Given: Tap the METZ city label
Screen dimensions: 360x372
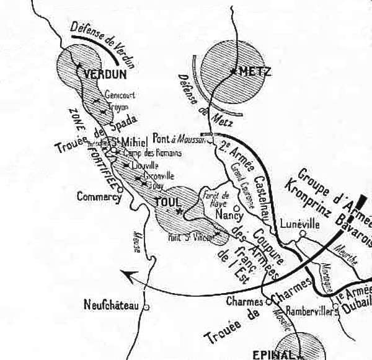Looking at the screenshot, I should click(x=254, y=71).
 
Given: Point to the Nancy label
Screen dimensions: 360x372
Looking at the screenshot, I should click(x=228, y=214).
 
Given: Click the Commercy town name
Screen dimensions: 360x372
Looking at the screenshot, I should click(x=98, y=197).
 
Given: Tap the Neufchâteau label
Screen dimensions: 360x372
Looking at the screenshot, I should click(x=111, y=304).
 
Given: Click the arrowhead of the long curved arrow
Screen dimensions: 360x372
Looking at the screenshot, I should click(x=125, y=274).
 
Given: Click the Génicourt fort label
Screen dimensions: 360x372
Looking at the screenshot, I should click(x=120, y=96).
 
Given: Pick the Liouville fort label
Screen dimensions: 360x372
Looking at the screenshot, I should click(x=146, y=165).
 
